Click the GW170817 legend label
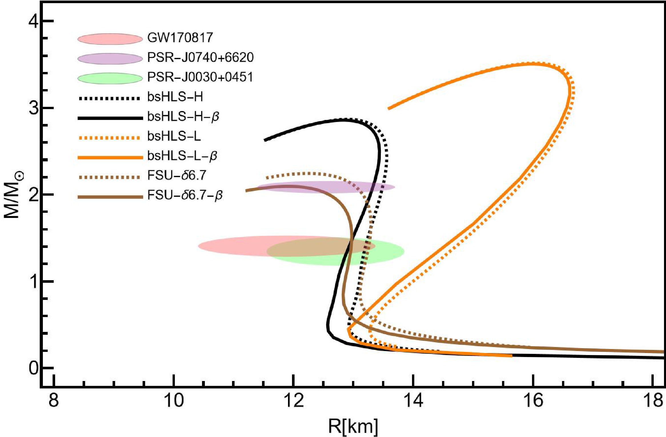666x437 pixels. click(180, 38)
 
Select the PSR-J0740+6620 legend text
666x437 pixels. click(200, 58)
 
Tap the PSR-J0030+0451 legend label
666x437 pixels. click(200, 77)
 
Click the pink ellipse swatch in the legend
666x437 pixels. click(110, 39)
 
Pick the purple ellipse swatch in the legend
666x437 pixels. click(110, 59)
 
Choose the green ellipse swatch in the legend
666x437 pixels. click(110, 78)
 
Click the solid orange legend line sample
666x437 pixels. click(110, 157)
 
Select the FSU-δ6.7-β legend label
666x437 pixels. click(185, 195)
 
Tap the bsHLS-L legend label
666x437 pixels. click(174, 136)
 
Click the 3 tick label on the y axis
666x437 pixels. click(34, 108)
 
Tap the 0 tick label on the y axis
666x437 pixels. click(34, 368)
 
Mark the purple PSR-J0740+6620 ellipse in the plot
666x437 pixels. click(326, 187)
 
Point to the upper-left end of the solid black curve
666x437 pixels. click(265, 140)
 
